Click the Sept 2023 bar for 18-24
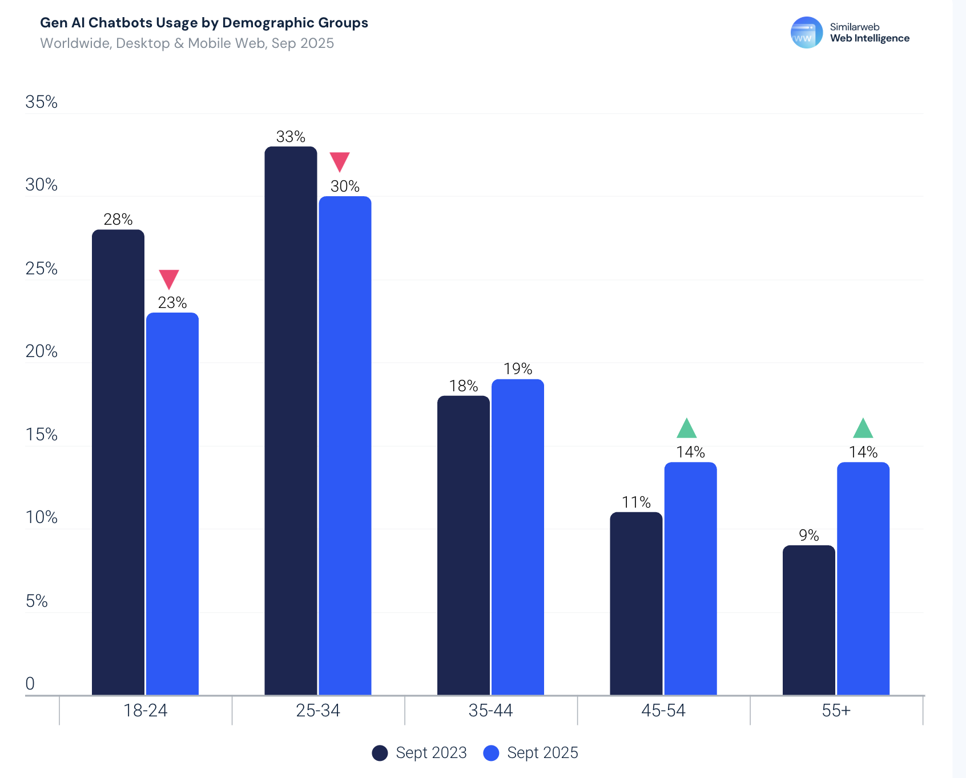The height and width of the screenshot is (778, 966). [118, 462]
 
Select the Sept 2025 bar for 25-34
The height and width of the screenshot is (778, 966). [345, 445]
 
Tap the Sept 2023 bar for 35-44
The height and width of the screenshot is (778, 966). [464, 545]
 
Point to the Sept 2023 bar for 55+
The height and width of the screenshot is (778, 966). [808, 620]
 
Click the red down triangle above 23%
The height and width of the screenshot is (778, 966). [169, 278]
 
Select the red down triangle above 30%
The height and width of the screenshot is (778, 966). [340, 161]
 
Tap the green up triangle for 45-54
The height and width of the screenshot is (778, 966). [687, 429]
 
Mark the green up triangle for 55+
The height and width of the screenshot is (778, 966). [863, 429]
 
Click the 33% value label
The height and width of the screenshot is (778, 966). [291, 137]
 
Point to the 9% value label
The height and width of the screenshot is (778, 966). [808, 535]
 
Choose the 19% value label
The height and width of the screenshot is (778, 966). [518, 369]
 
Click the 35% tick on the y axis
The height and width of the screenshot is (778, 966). [41, 102]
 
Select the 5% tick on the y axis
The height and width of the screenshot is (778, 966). [37, 601]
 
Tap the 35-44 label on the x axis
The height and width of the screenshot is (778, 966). [490, 711]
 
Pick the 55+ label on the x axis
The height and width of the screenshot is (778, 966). [836, 711]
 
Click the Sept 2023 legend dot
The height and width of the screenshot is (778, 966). [380, 753]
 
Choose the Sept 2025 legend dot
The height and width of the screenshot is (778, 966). [491, 753]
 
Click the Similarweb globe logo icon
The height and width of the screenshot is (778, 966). [806, 33]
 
